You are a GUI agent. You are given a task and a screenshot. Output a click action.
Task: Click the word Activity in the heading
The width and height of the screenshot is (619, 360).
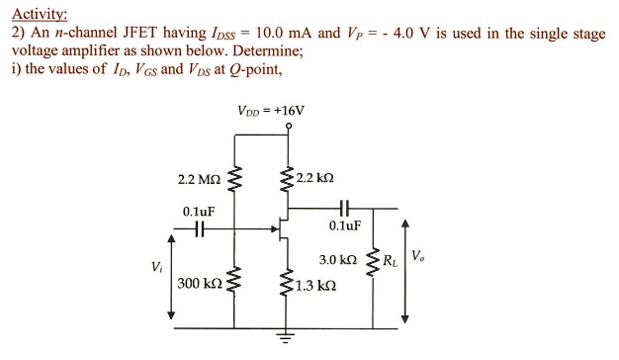[39, 13]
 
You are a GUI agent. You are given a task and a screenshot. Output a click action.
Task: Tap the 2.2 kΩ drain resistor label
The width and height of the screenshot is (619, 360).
[315, 178]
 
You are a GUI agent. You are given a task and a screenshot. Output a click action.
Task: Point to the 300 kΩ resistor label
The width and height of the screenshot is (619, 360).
[199, 285]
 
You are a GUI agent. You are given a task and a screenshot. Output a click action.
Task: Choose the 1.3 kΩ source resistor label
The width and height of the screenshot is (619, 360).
[316, 286]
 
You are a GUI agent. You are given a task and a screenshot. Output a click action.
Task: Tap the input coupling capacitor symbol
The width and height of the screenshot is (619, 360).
[200, 227]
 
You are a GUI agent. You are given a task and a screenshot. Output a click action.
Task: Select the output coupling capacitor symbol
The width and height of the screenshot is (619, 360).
[344, 209]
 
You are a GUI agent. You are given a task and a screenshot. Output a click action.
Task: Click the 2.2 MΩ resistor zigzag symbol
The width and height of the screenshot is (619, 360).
[234, 180]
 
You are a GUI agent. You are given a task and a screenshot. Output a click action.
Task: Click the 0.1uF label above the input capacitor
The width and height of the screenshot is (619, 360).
[199, 211]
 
